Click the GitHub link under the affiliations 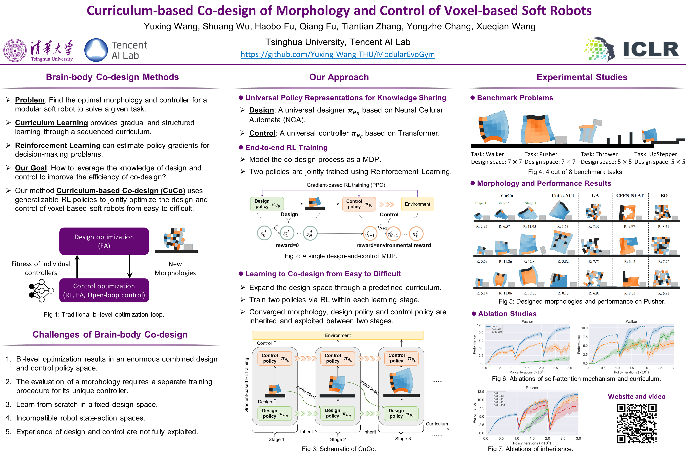coord(338,54)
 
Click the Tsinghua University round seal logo coord(15,50)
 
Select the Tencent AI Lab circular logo coord(96,50)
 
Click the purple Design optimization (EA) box coord(104,241)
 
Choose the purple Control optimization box coord(104,290)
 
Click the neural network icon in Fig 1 coord(41,291)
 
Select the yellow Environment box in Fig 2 coord(417,204)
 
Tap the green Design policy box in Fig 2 coord(267,204)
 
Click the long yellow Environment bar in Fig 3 coord(338,335)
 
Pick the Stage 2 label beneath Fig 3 coord(338,439)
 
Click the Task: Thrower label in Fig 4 coord(599,154)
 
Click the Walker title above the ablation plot coord(631,321)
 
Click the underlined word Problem coord(29,100)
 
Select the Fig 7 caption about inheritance coord(530,449)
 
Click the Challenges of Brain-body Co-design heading coord(110,335)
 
